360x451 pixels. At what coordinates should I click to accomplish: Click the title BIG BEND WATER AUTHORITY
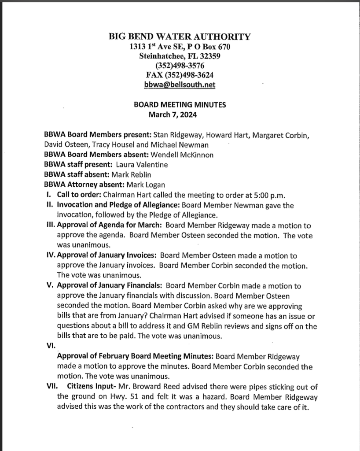click(x=180, y=37)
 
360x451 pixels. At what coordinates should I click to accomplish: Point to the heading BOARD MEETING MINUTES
click(x=180, y=105)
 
